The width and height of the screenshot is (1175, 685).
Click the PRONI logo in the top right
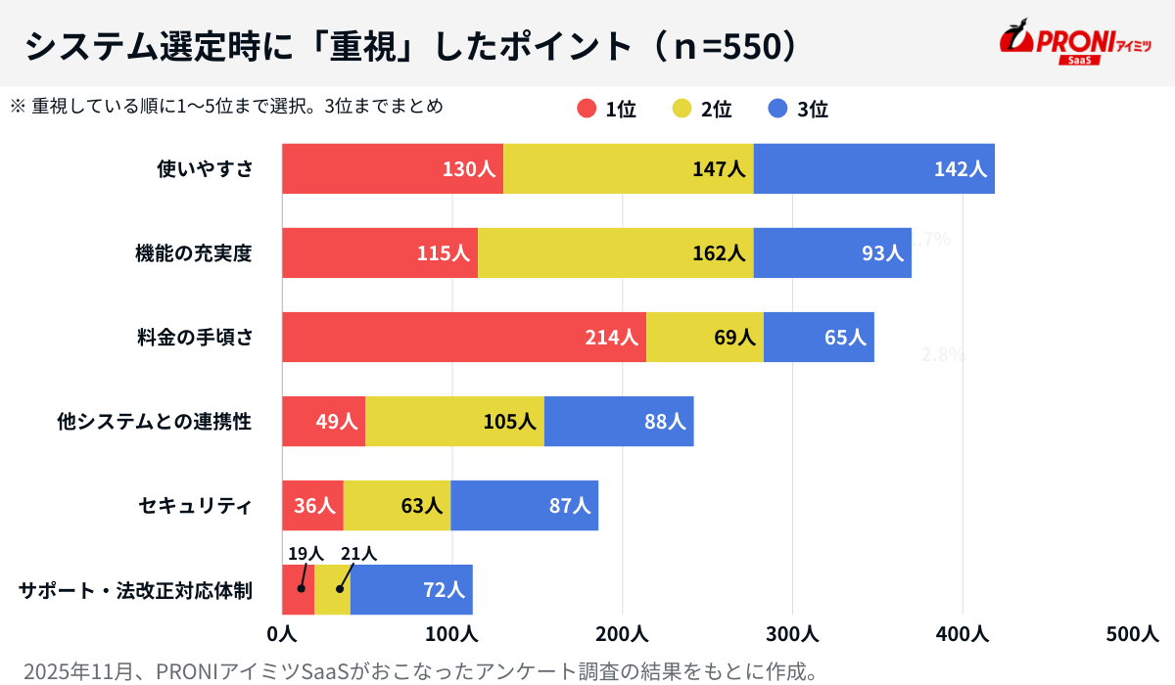pos(1074,43)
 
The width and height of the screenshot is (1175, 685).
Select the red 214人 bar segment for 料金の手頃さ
pos(464,337)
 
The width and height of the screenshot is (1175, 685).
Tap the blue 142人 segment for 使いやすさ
pos(873,168)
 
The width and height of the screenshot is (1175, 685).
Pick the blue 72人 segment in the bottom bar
pos(411,590)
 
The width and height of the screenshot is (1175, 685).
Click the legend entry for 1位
pos(607,110)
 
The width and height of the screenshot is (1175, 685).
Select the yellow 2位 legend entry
pos(702,110)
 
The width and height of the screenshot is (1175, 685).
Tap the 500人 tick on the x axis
pos(1131,634)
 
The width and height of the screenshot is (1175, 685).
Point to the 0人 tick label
pos(282,634)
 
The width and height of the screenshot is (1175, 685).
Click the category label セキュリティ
pos(196,506)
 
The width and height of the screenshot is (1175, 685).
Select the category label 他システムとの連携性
pos(155,422)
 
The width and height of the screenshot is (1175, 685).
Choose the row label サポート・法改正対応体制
pos(136,590)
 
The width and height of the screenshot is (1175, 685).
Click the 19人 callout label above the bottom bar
pos(305,554)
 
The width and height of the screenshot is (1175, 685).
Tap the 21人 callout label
pos(358,554)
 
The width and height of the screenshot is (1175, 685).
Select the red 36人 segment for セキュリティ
pos(312,506)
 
